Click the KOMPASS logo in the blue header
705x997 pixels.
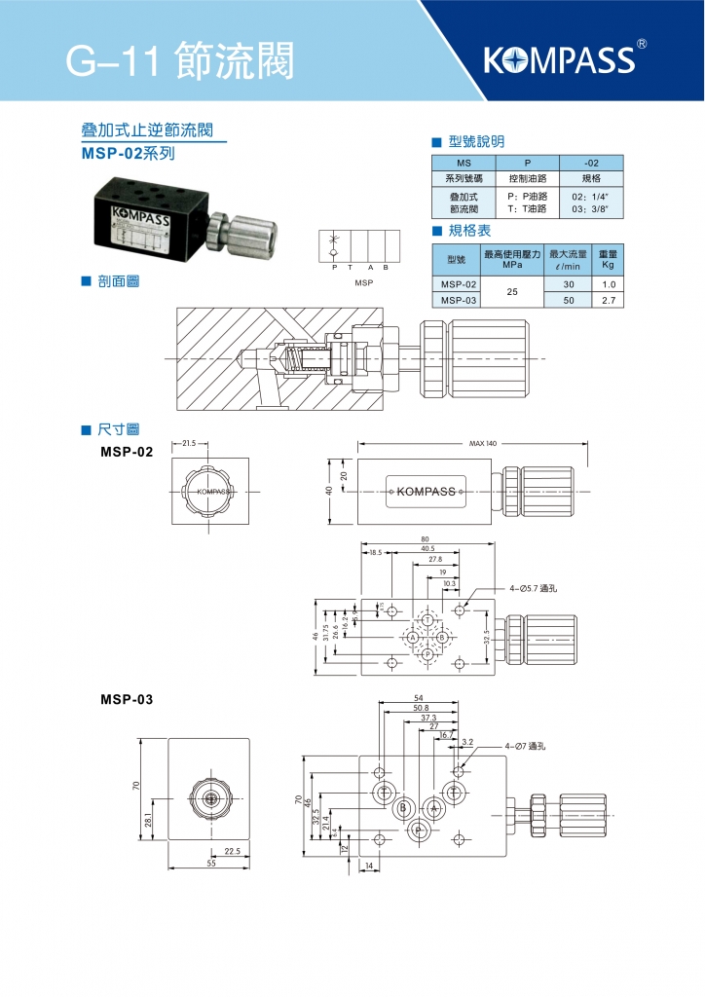pos(559,60)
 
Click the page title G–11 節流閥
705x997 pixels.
pos(179,60)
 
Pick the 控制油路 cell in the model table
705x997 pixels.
pos(527,179)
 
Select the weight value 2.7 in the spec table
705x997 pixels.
pos(609,300)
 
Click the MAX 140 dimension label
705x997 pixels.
pos(482,443)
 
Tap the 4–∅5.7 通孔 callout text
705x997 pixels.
pos(536,588)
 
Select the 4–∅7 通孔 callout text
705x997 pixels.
pos(527,746)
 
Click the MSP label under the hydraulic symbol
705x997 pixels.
pos(364,282)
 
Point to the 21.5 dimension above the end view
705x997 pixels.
pos(189,443)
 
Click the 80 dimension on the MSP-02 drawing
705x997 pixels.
pos(426,538)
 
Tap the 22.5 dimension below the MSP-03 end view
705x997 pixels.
pos(232,851)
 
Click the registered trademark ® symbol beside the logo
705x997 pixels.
pos(641,44)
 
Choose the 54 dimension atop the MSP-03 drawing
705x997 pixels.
pos(419,698)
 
